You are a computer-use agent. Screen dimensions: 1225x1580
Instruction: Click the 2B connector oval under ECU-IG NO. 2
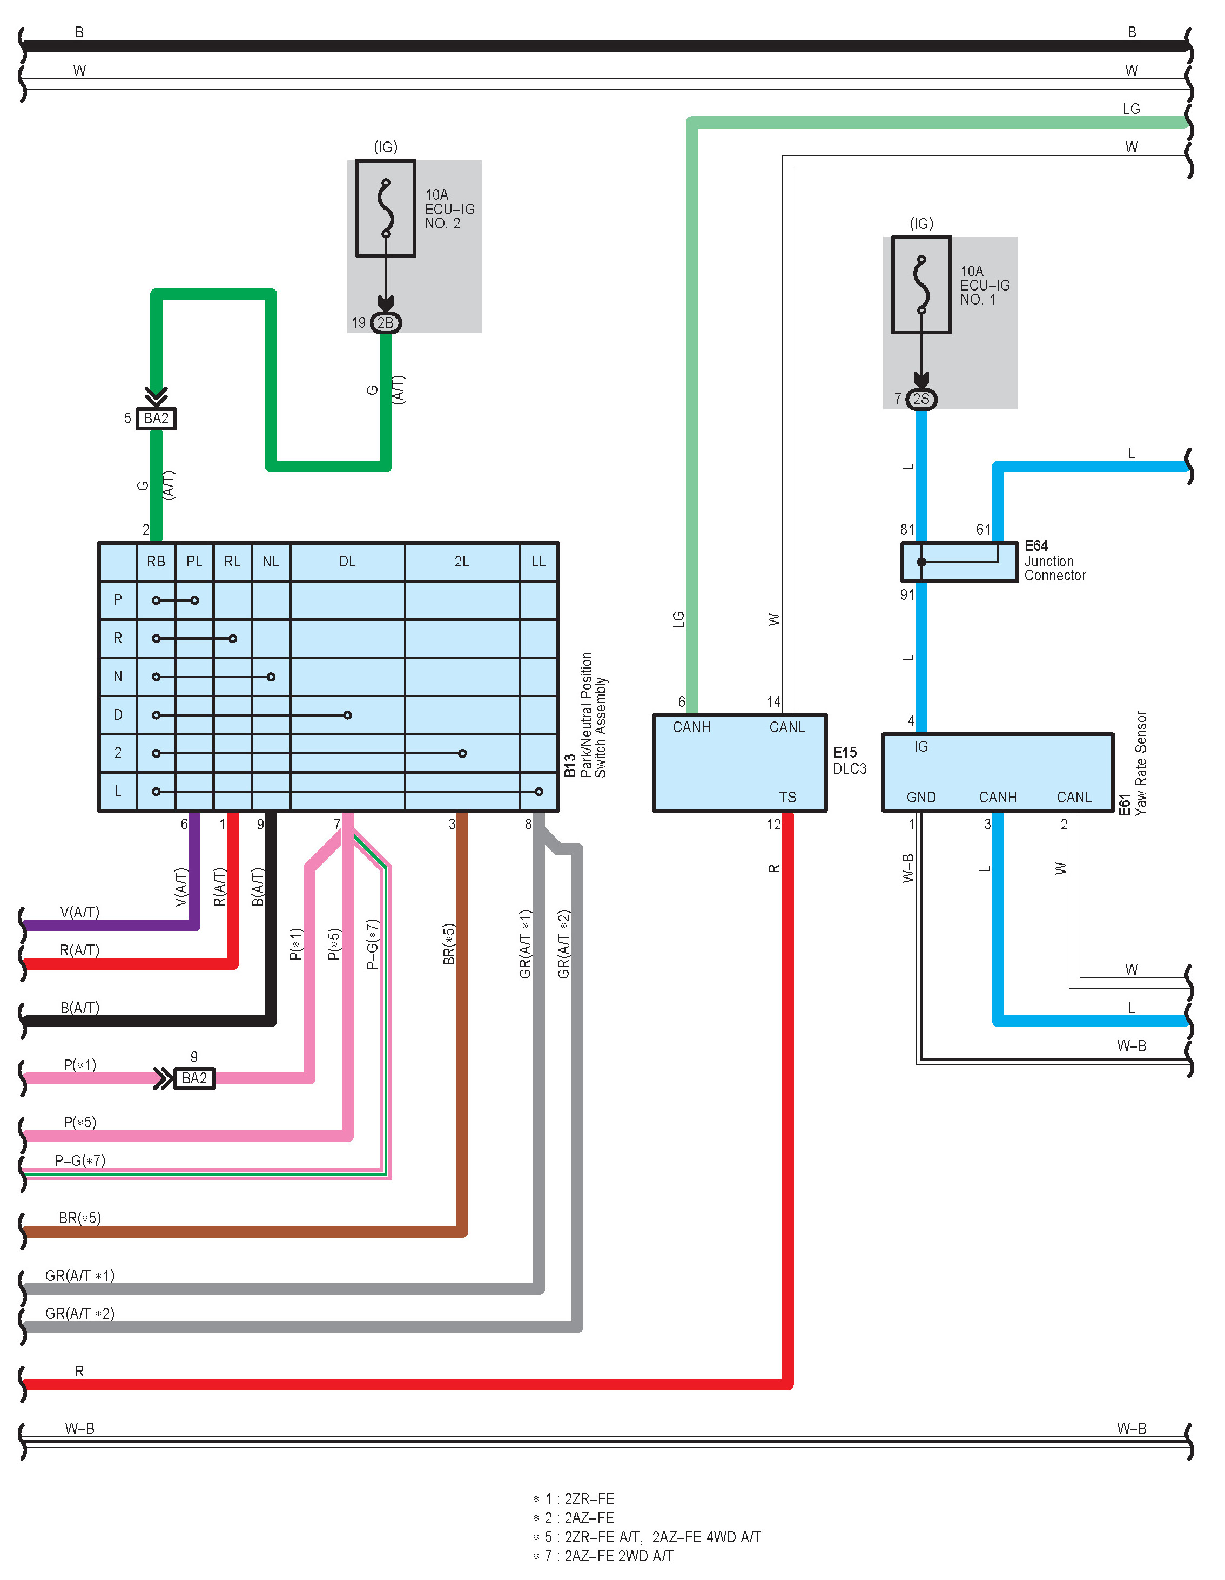386,323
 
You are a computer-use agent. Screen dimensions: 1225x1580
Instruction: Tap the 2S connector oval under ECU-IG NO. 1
921,399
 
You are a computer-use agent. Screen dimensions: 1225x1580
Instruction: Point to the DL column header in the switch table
347,562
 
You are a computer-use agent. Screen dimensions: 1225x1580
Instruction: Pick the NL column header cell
271,562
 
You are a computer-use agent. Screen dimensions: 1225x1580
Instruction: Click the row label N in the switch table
118,677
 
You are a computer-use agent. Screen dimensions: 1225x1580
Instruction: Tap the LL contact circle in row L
539,792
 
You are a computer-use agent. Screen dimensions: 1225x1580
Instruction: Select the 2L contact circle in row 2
462,753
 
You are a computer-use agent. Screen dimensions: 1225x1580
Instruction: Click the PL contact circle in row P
194,600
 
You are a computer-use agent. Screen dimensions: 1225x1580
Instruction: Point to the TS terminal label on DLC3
787,797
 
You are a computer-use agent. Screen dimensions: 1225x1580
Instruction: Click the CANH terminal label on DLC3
692,727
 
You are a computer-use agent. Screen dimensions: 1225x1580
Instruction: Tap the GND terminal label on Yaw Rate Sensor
921,797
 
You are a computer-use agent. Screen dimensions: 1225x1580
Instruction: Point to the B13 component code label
570,765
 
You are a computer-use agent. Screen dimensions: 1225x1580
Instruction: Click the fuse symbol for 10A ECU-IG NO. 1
921,285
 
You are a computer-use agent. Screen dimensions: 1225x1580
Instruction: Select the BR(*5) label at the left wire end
79,1218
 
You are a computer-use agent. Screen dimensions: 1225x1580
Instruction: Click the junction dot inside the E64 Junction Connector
921,562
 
